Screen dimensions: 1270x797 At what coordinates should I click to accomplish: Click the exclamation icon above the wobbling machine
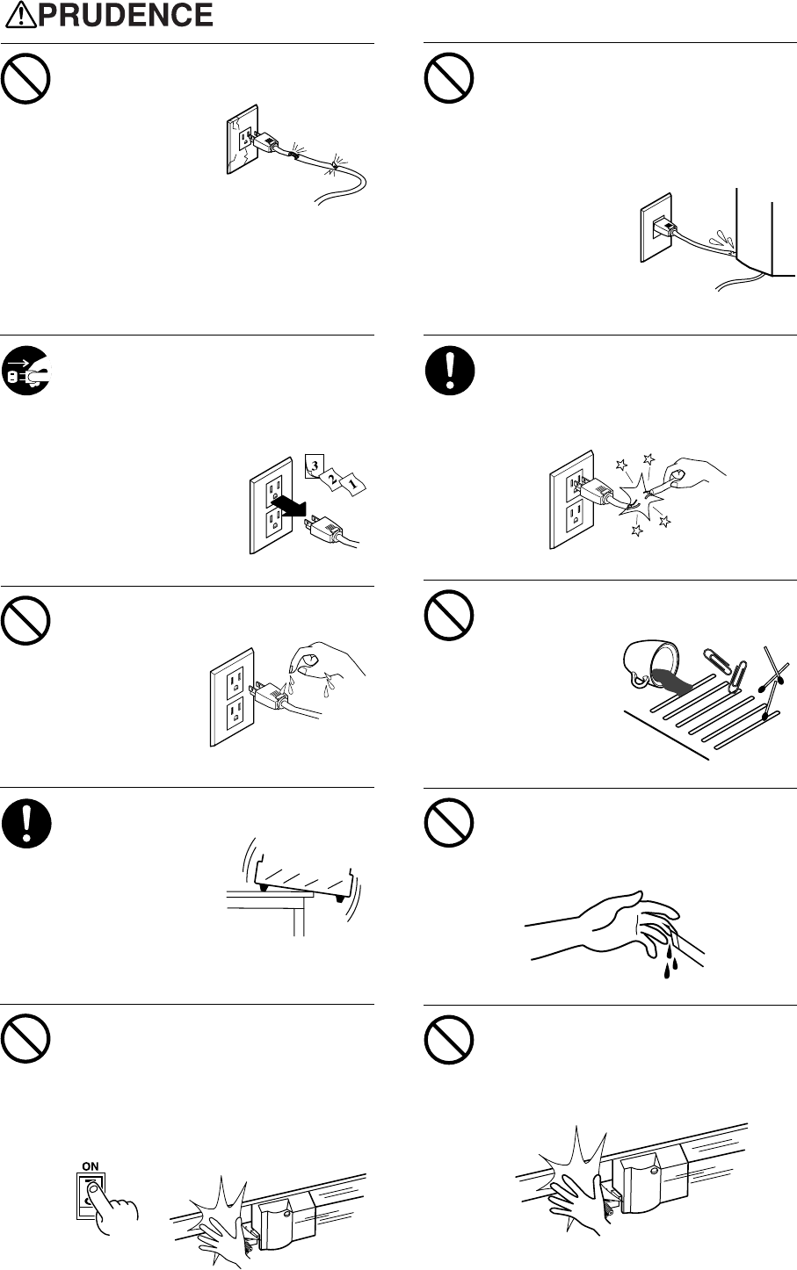25,827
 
